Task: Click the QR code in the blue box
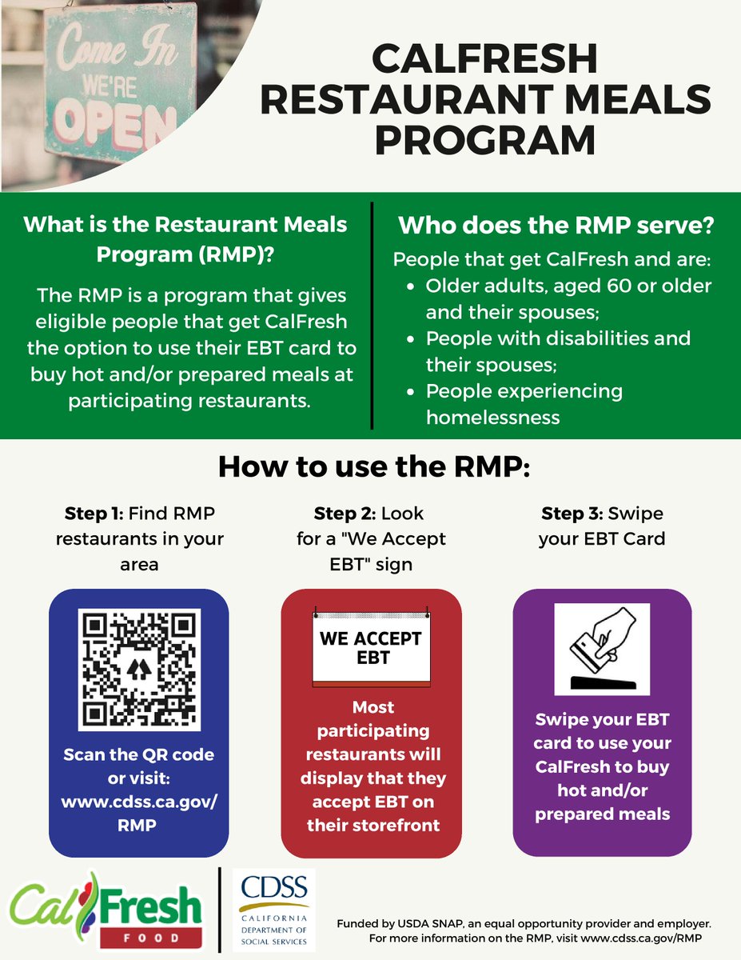[x=139, y=669]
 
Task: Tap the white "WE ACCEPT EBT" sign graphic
[x=370, y=649]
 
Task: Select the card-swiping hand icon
[x=602, y=649]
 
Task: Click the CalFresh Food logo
[x=106, y=910]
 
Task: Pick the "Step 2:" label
[x=345, y=513]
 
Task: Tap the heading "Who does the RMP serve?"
[x=556, y=226]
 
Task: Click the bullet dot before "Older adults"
[x=410, y=286]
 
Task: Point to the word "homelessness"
[x=492, y=417]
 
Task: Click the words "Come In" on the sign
[x=103, y=48]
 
